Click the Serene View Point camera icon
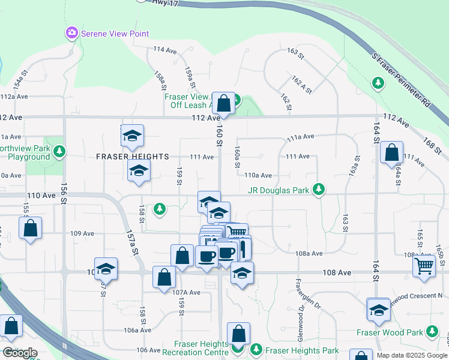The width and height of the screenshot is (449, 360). [72, 33]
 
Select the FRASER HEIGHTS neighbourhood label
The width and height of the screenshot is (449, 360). [133, 157]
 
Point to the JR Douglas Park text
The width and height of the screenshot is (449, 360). [278, 191]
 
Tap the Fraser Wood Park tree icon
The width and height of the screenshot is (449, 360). [431, 332]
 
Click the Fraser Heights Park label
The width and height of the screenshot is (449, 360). [302, 350]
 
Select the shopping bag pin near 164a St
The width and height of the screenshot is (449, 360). [391, 154]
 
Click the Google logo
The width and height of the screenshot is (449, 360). [19, 353]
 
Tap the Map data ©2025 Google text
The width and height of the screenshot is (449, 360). [412, 355]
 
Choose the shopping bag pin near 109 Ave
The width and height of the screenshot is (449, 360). [30, 228]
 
